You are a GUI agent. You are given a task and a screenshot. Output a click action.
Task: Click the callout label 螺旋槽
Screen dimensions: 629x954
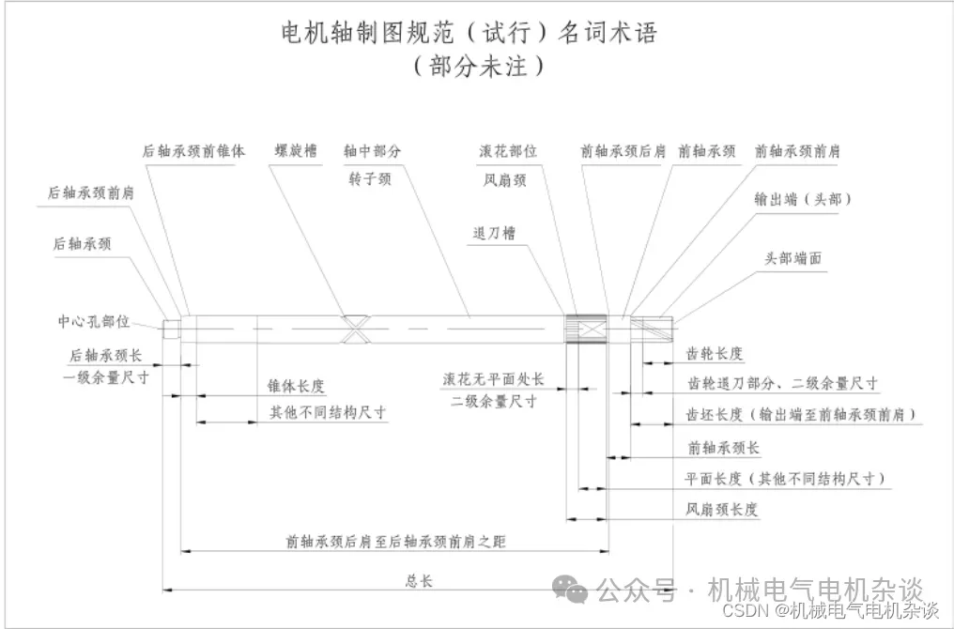(295, 150)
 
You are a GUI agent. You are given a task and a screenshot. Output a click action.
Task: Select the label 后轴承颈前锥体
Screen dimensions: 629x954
(193, 150)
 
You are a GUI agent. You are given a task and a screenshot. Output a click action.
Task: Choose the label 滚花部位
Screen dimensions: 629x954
(508, 150)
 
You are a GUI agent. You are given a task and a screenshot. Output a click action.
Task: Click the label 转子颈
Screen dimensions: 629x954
(368, 179)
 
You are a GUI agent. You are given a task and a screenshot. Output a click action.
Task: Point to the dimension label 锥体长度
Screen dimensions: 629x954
(297, 386)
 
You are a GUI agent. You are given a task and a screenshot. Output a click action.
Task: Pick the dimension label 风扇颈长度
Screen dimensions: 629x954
(721, 510)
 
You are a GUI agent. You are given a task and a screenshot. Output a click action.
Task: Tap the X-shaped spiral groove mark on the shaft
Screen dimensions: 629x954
(358, 328)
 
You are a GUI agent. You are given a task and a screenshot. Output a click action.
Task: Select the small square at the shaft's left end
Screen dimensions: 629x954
(171, 329)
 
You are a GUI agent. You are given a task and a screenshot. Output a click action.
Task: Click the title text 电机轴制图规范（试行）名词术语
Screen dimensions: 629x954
(469, 32)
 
